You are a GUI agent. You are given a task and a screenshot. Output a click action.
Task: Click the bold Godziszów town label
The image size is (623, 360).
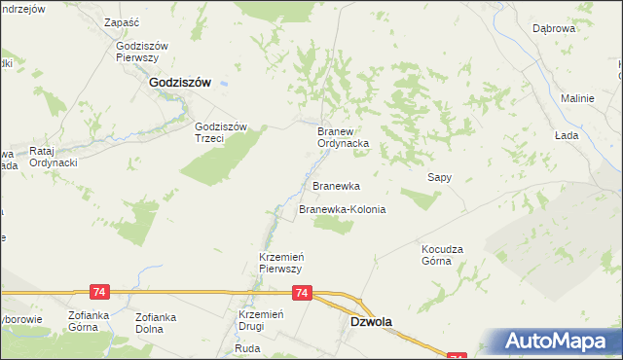pos(181,84)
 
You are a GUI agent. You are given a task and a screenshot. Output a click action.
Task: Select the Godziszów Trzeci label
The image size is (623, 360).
pos(223,131)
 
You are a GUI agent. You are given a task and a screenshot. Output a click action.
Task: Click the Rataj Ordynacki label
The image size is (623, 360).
pos(54,157)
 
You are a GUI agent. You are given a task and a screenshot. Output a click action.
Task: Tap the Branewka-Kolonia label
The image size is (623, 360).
pos(342,209)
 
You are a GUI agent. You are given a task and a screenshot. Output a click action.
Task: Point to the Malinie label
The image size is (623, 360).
pos(577,98)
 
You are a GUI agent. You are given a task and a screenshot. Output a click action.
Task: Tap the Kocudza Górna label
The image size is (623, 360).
pos(444,254)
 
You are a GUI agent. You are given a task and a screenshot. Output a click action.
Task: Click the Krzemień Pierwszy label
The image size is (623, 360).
pos(281,262)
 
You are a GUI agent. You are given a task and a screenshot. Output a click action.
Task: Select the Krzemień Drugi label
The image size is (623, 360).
pos(260,321)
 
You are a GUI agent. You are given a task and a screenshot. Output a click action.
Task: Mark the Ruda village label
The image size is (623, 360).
pos(248,347)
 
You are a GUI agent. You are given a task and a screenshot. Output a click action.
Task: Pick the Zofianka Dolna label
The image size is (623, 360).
pos(162,321)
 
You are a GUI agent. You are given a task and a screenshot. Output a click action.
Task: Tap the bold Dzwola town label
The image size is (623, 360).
pos(371,320)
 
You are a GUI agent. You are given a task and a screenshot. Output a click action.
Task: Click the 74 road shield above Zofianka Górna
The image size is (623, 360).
pos(98,292)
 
